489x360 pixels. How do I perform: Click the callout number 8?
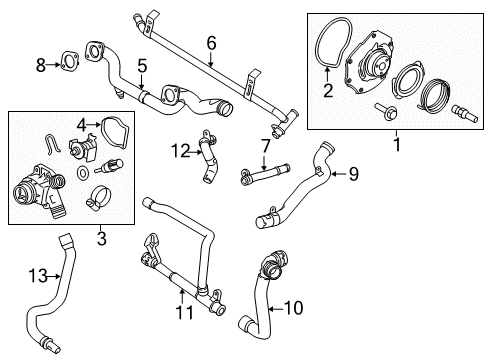tap(41, 66)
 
